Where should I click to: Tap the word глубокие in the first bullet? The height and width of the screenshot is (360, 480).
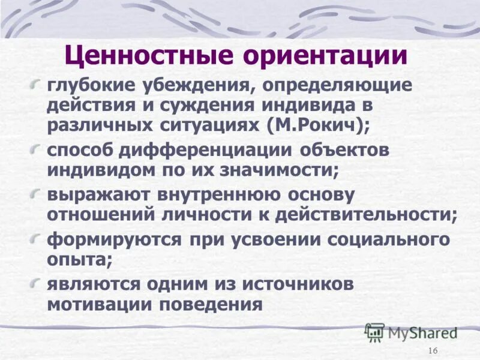(89, 85)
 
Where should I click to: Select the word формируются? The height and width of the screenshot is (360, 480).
(114, 239)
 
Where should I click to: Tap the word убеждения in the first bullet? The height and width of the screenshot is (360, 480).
(193, 85)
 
